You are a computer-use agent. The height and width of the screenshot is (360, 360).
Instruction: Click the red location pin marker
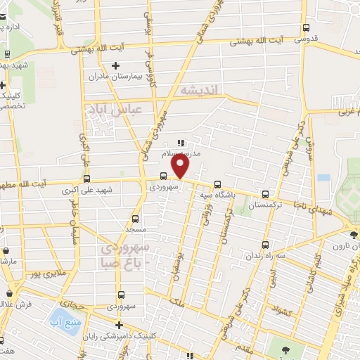point(181,166)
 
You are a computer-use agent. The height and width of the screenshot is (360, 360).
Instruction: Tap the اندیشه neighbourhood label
point(200,90)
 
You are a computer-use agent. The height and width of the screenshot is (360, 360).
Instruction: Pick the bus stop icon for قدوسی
point(305,28)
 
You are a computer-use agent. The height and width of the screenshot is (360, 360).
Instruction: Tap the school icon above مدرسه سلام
point(181,143)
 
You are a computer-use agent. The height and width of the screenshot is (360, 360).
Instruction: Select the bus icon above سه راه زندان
point(264,245)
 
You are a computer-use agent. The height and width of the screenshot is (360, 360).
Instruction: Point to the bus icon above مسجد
point(136,219)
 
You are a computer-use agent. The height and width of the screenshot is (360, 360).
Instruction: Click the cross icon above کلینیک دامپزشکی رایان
point(120,325)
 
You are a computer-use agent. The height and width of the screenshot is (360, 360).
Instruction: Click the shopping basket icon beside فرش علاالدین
point(9,293)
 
